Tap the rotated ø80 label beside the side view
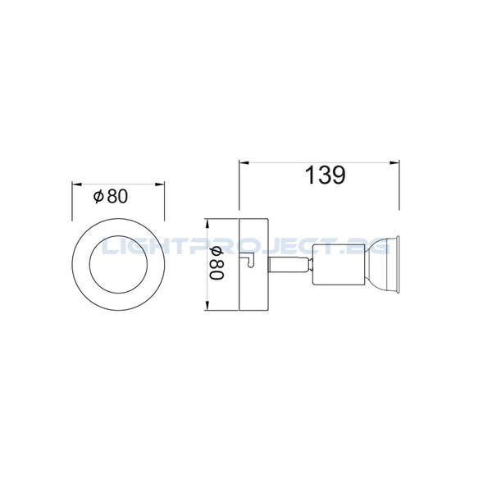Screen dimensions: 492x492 pyautogui.click(x=217, y=264)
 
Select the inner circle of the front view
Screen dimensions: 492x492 pyautogui.click(x=120, y=264)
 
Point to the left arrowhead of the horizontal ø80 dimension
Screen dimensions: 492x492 pyautogui.click(x=76, y=184)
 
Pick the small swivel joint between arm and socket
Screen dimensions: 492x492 pyautogui.click(x=308, y=264)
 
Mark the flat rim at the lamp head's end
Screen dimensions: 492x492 pyautogui.click(x=399, y=264)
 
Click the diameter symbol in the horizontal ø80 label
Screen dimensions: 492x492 pyautogui.click(x=98, y=196)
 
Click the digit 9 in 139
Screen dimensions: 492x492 pyautogui.click(x=336, y=175)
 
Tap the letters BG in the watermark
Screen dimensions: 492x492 pyautogui.click(x=377, y=245)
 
